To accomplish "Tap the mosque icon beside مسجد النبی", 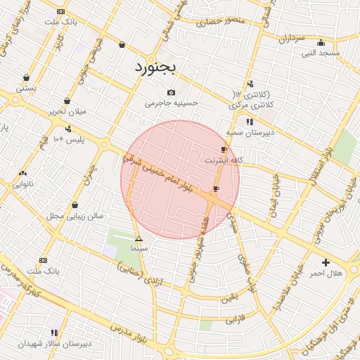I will (x=321, y=42).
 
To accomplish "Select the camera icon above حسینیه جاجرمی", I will (x=172, y=93).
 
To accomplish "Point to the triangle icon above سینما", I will (x=139, y=239).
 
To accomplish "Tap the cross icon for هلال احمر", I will (x=325, y=262).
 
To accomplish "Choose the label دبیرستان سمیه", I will (x=250, y=132).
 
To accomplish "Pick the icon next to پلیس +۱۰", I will (x=68, y=129).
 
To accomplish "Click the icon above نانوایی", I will (x=22, y=173).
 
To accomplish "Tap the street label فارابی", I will (x=233, y=320).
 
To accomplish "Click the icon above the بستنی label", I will (x=26, y=77).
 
